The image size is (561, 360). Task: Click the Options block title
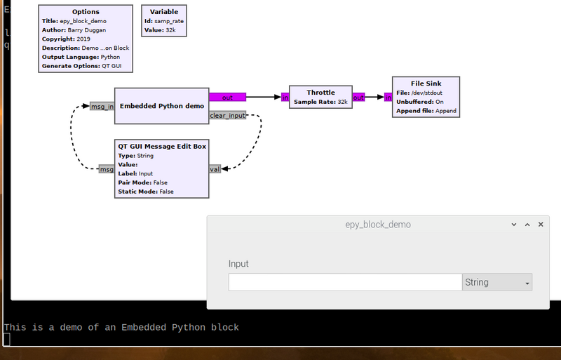click(x=86, y=12)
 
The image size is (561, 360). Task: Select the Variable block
click(x=164, y=21)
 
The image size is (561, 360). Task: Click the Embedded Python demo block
click(x=162, y=106)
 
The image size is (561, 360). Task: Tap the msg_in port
click(x=102, y=107)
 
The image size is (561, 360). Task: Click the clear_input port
click(x=227, y=115)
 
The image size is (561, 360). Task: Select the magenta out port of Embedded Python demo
click(x=227, y=97)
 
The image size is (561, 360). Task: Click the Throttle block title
click(x=320, y=93)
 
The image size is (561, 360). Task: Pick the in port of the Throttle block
click(x=285, y=97)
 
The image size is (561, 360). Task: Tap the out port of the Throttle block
click(x=358, y=97)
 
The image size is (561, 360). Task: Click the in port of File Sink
click(x=388, y=97)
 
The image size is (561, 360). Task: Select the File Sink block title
click(x=426, y=84)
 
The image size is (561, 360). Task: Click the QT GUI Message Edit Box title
click(x=162, y=146)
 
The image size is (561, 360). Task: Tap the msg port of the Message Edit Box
click(x=107, y=169)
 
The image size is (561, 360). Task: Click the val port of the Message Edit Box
click(x=215, y=169)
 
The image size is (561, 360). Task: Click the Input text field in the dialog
click(x=345, y=282)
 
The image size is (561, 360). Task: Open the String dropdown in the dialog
click(x=497, y=282)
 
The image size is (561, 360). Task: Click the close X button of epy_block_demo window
click(x=541, y=225)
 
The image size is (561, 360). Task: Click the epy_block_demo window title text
click(x=378, y=225)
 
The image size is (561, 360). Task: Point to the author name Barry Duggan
click(x=86, y=30)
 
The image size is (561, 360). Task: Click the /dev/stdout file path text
click(x=427, y=93)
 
